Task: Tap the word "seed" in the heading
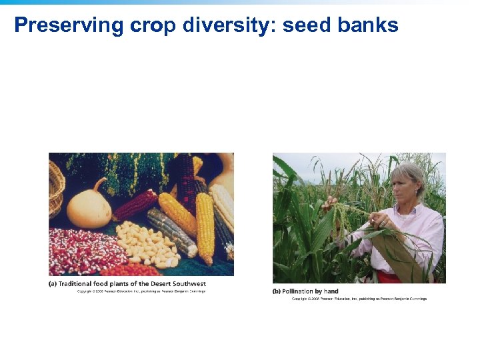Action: click(307, 25)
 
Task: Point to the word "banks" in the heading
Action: click(368, 25)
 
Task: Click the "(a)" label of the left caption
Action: click(53, 284)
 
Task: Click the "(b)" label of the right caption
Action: click(277, 291)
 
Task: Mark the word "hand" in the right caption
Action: click(331, 291)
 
